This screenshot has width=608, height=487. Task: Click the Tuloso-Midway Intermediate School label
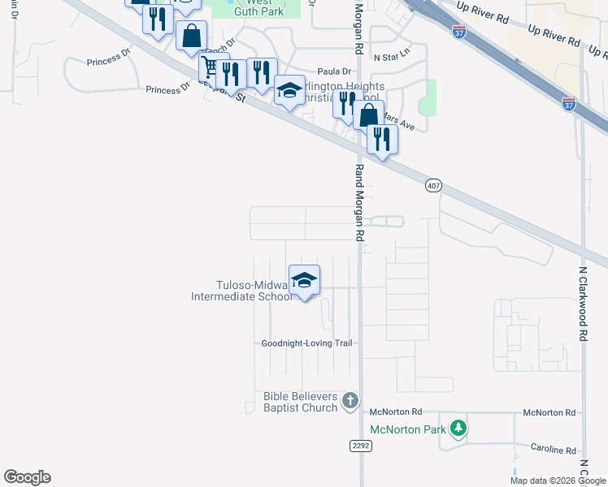coord(241,291)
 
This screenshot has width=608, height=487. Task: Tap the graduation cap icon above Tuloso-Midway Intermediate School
coord(304,280)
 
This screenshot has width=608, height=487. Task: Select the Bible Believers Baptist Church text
coord(300,402)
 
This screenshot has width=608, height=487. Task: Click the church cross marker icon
coord(350,400)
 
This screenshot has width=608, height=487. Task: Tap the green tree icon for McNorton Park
coord(459,427)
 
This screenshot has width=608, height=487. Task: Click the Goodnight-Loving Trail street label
coord(306,343)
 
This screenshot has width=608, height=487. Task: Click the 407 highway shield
coord(433,186)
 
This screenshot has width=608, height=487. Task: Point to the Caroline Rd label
coord(554,450)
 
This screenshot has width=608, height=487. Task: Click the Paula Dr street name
coord(335,71)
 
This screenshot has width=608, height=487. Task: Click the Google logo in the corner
coord(27,477)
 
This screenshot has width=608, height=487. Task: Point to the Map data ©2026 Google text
coord(558,481)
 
